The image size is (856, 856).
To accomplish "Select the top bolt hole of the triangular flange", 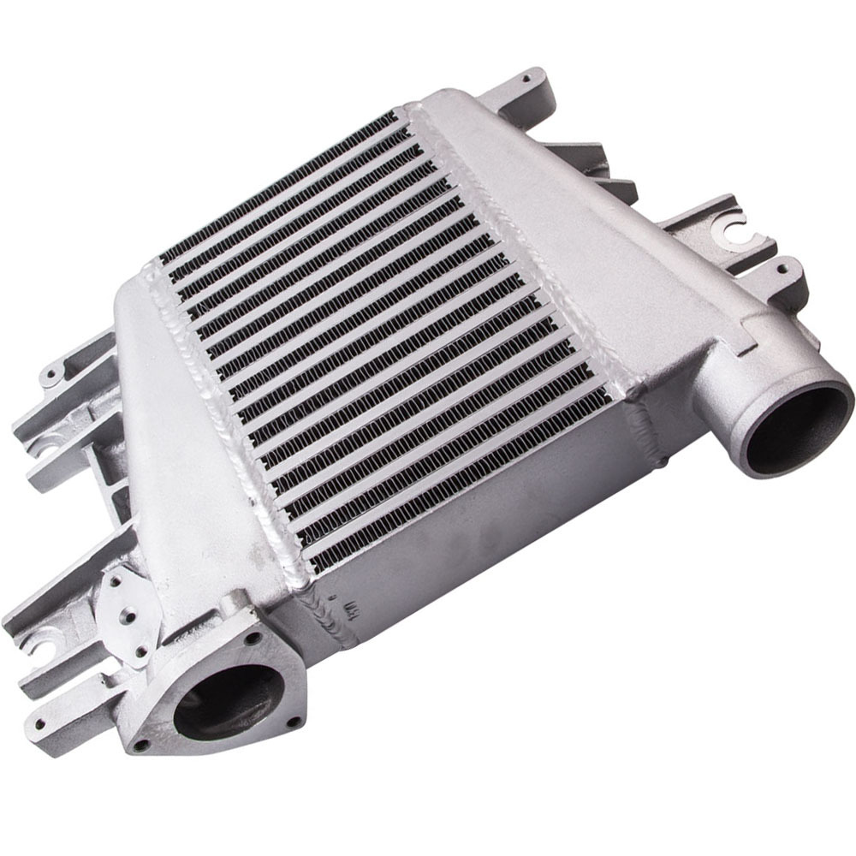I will point(253,638).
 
